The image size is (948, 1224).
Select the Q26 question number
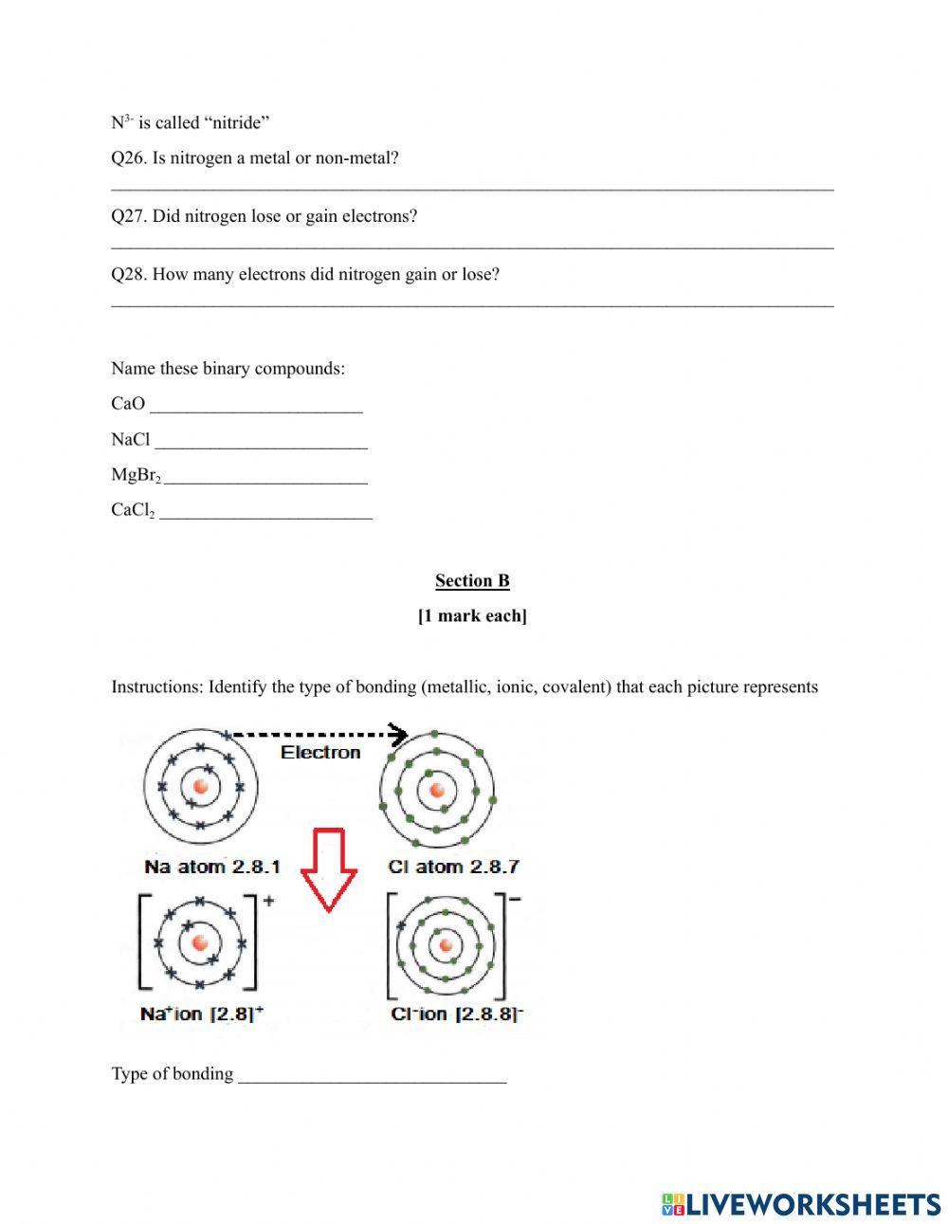[129, 158]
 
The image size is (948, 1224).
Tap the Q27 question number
[129, 216]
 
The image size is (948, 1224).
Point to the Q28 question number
[129, 275]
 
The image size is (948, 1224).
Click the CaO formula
[128, 404]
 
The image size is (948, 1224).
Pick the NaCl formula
[131, 440]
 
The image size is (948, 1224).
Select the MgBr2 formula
[136, 475]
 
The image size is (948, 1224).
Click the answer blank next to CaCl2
[265, 512]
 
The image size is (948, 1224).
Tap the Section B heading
[472, 580]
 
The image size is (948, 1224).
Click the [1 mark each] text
[472, 616]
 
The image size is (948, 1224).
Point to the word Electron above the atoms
[320, 752]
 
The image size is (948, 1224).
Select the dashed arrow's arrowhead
[399, 735]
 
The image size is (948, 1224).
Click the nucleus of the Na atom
[200, 786]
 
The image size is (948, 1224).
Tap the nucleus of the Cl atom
[436, 790]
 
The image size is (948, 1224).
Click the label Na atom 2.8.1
[212, 867]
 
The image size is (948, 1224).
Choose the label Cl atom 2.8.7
[454, 867]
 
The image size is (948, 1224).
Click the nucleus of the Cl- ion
[447, 944]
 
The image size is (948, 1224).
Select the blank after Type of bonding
[373, 1075]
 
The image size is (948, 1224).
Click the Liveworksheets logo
[801, 1204]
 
